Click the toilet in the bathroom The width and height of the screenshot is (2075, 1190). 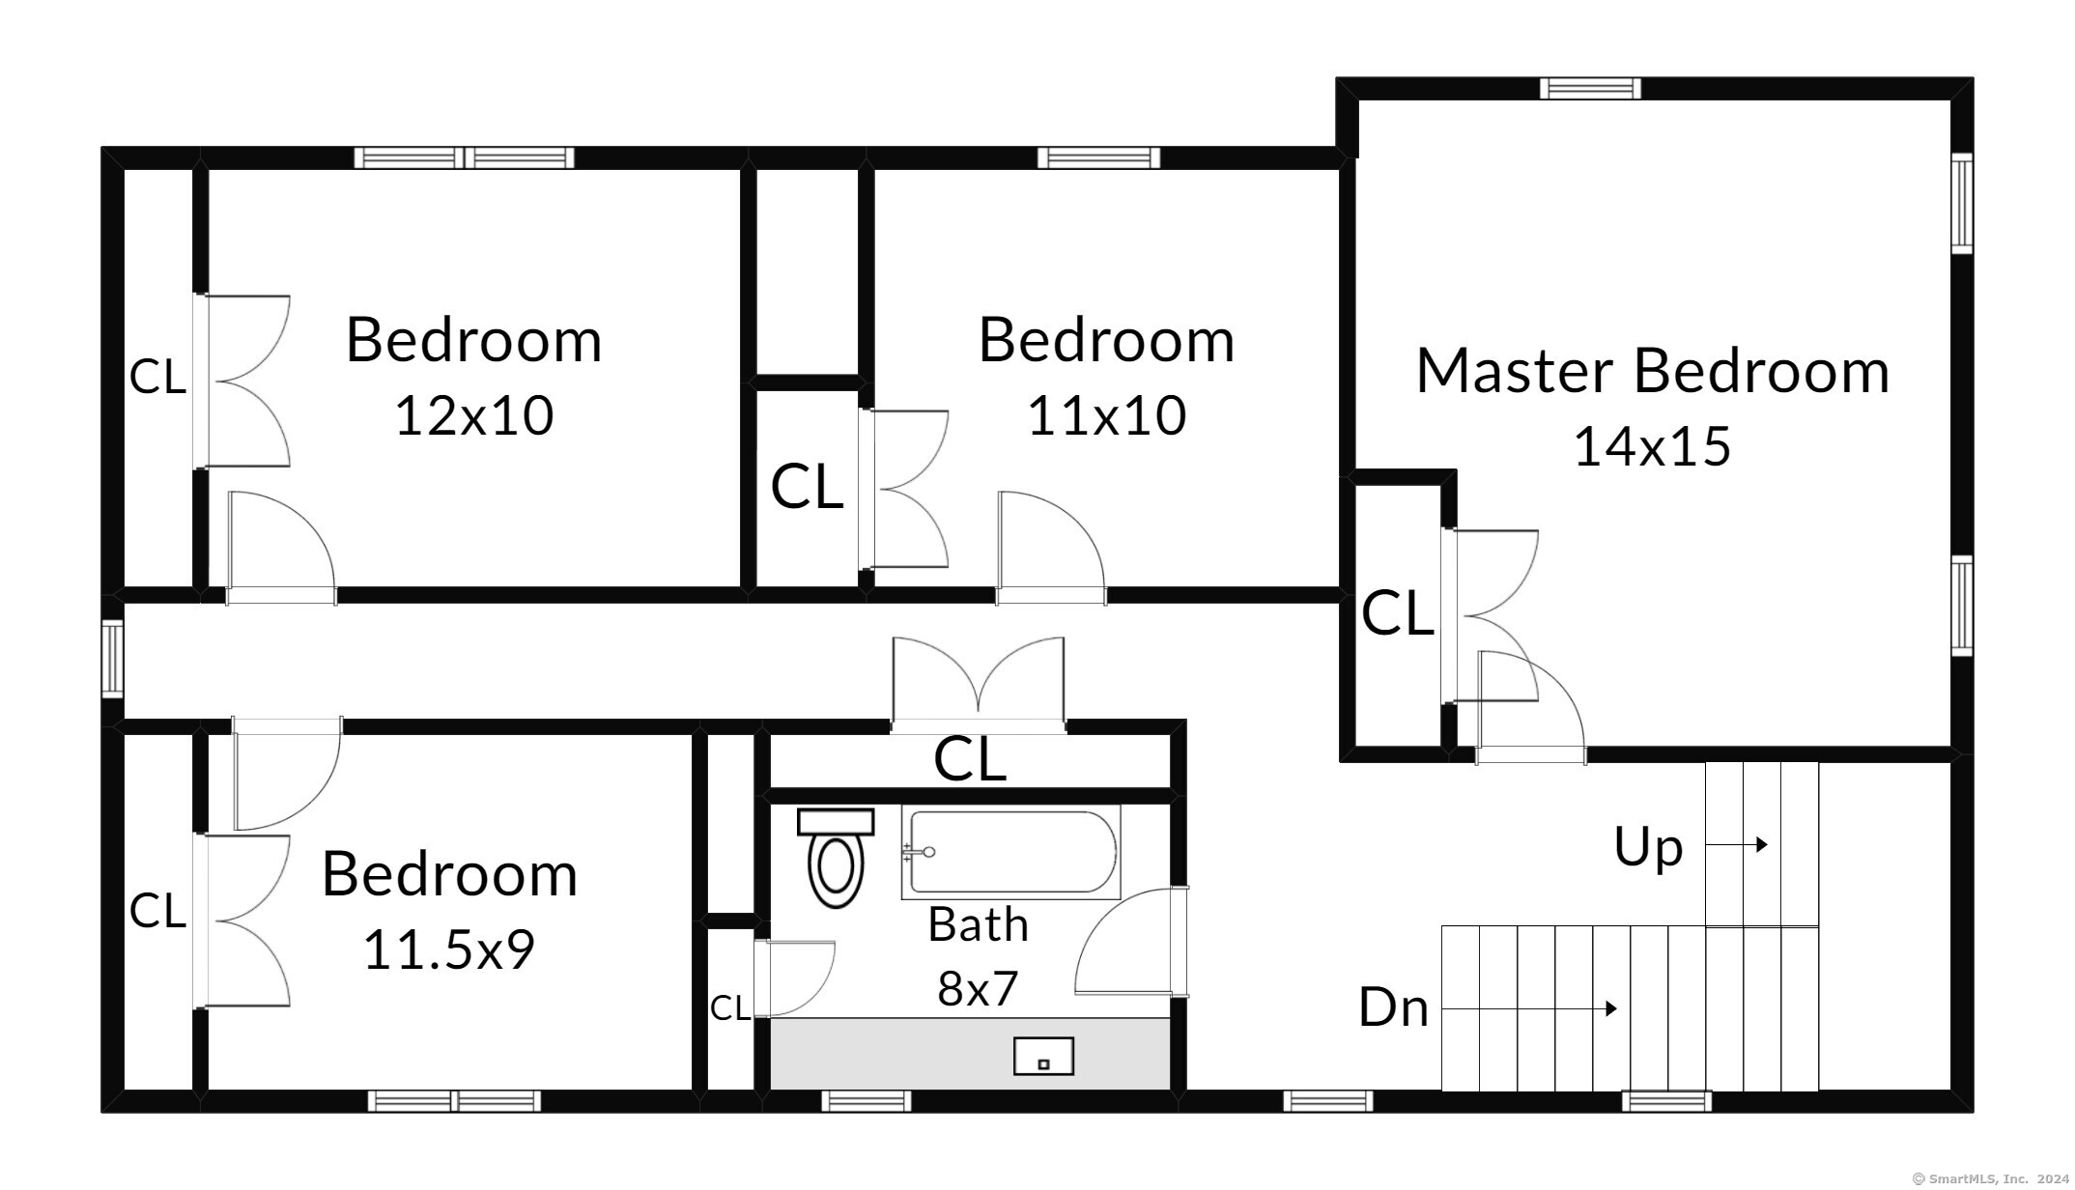836,858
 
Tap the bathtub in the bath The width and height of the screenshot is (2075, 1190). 1011,852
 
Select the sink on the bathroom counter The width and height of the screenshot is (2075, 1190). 1043,1056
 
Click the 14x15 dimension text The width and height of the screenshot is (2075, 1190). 1652,446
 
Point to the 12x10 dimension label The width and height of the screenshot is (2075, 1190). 474,415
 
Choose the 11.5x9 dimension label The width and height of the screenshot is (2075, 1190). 449,949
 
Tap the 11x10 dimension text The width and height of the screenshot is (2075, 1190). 1107,415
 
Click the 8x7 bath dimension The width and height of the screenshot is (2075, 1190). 978,988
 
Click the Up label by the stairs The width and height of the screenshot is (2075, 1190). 1648,847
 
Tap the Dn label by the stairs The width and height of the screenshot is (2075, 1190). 1393,1007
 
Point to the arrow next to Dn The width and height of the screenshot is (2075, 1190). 1530,1008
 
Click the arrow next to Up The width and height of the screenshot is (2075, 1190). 1737,844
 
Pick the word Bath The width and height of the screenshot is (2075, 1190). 978,924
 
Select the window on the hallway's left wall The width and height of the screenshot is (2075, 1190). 113,659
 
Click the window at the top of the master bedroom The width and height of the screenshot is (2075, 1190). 1590,88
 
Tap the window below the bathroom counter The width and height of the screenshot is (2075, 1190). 866,1101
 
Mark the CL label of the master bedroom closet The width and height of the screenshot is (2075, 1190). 1397,613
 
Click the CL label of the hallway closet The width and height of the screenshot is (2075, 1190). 970,759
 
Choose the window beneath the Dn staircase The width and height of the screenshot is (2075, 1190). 1666,1101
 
